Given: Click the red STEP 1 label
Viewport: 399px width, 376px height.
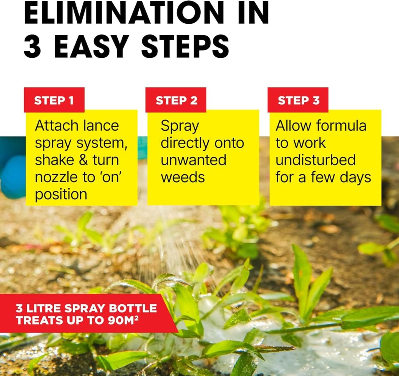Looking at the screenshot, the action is pyautogui.click(x=54, y=100).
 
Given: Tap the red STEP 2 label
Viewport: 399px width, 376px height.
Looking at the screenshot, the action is pyautogui.click(x=176, y=100).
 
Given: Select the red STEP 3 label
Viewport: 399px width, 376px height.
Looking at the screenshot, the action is pyautogui.click(x=298, y=100).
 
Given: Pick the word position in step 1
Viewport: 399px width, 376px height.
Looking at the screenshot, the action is pyautogui.click(x=61, y=195).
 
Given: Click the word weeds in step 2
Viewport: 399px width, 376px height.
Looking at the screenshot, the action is pyautogui.click(x=183, y=177).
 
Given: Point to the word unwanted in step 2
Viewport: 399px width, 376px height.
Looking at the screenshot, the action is pyautogui.click(x=193, y=160).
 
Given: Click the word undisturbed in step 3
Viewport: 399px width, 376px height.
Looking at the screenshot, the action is pyautogui.click(x=316, y=160).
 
